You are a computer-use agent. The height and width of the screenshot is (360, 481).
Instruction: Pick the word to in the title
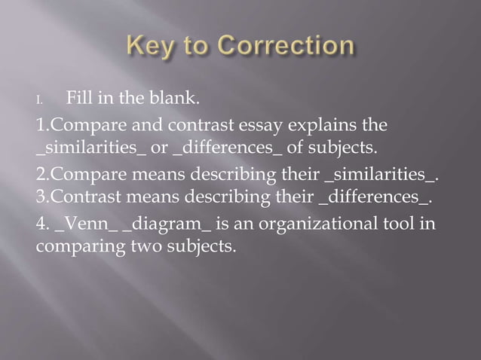(x=196, y=47)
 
